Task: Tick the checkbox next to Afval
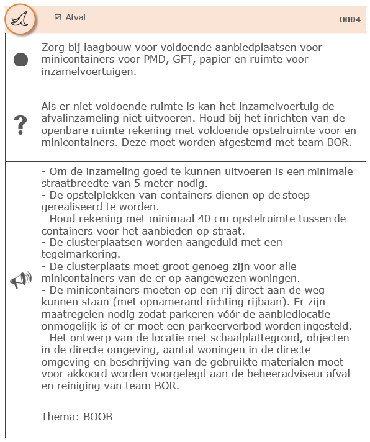tap(58, 18)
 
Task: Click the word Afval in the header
tap(76, 18)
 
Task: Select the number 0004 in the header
tap(350, 20)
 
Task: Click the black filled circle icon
tap(20, 60)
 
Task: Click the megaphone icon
tap(20, 281)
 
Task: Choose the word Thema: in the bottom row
tap(60, 417)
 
